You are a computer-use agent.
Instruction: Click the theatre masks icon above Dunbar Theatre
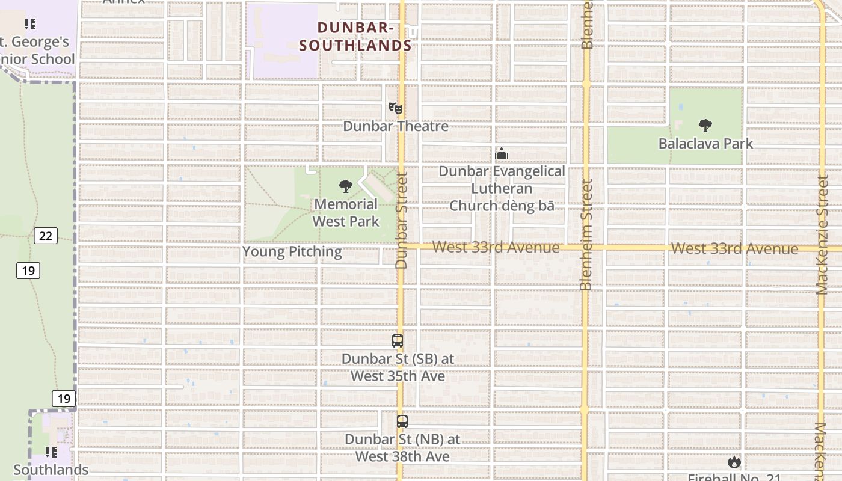click(x=395, y=109)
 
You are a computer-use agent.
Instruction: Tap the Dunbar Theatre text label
click(x=396, y=126)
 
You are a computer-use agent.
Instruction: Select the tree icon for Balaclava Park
click(x=705, y=126)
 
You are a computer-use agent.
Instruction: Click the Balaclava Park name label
click(x=705, y=144)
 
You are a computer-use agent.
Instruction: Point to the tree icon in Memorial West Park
click(x=346, y=186)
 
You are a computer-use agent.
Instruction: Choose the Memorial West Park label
click(x=346, y=213)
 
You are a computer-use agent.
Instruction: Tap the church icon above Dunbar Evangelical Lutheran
click(x=502, y=154)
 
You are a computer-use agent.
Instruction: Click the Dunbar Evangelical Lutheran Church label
click(x=502, y=188)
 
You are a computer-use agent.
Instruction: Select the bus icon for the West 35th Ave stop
click(x=398, y=341)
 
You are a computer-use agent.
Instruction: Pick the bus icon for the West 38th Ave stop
click(x=402, y=421)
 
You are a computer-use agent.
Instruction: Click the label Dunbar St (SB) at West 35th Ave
click(x=398, y=367)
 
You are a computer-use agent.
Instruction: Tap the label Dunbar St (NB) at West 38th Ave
click(x=402, y=448)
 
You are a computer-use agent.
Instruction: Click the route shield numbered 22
click(x=46, y=236)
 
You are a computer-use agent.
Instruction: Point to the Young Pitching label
click(x=292, y=252)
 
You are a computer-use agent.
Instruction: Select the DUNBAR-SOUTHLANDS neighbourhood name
click(x=355, y=37)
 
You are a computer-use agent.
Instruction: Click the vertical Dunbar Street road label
click(x=402, y=220)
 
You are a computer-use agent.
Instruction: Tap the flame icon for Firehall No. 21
click(x=734, y=462)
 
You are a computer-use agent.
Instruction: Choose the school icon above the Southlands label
click(x=51, y=451)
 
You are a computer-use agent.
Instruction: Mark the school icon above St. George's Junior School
click(x=30, y=24)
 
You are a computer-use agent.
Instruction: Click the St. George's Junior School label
click(x=37, y=51)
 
